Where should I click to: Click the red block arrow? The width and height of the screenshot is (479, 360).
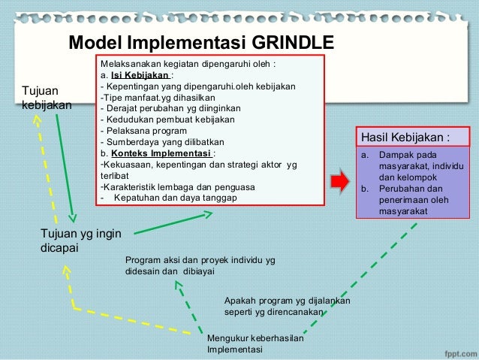point(340,181)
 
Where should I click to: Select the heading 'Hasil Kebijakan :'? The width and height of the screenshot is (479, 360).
point(406,138)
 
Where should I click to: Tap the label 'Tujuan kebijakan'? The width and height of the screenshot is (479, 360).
point(47,98)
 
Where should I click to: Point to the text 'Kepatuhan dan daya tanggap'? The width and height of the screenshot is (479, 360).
point(175,198)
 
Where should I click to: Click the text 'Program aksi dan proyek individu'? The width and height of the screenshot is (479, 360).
point(200,260)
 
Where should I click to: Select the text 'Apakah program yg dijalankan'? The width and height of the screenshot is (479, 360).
point(287,301)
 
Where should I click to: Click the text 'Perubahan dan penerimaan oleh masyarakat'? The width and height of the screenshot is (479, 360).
point(414,200)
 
